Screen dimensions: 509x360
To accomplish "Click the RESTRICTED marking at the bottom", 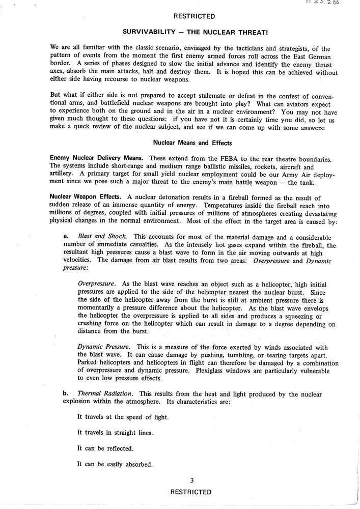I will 191,492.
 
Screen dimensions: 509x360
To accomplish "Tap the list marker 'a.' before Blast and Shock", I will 67,237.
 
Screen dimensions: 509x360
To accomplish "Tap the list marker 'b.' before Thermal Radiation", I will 67,394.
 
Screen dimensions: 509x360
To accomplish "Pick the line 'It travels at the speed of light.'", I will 123,417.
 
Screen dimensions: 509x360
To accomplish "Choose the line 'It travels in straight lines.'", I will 115,433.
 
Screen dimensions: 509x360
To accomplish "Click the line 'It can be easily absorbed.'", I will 114,464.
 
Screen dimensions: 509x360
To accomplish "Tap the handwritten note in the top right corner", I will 324,3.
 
